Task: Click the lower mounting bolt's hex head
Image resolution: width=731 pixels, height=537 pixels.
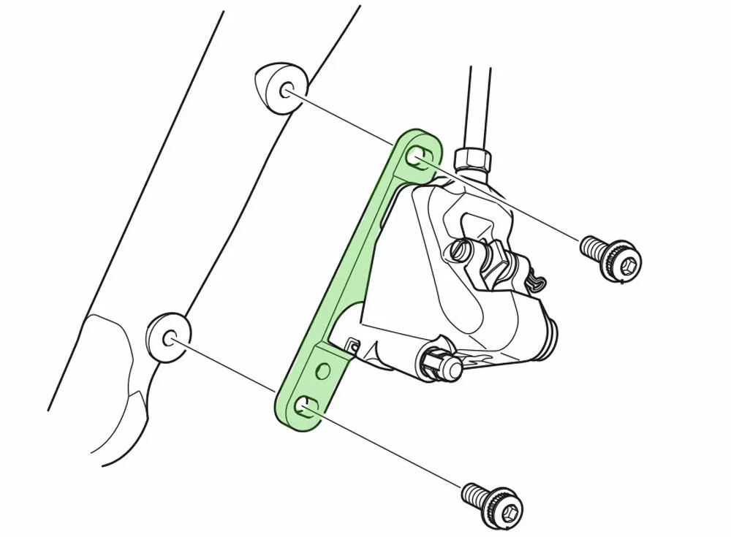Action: (507, 506)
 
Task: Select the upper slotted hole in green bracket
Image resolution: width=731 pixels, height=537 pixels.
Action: (419, 156)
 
